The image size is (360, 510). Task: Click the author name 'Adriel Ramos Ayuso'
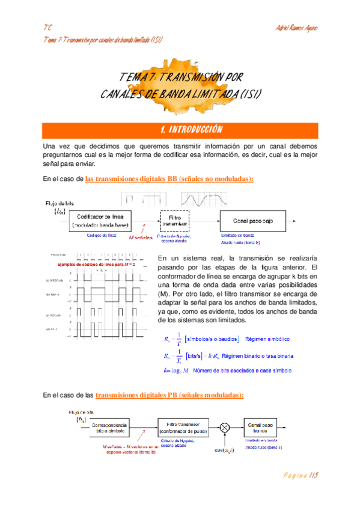(x=295, y=28)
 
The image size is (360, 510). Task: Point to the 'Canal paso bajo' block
(x=253, y=221)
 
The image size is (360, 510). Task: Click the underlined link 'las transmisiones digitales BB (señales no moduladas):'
(x=169, y=179)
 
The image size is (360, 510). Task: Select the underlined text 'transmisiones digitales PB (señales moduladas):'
(x=169, y=395)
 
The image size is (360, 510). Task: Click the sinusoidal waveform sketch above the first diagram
(x=205, y=199)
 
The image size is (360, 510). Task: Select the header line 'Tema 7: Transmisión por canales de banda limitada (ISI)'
(x=104, y=39)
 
